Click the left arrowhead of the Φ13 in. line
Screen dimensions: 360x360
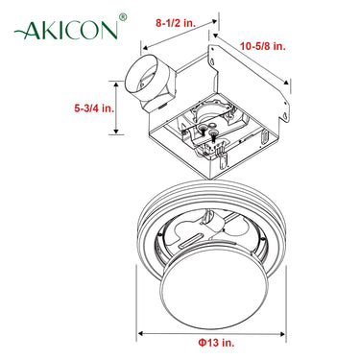tap(142, 333)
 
